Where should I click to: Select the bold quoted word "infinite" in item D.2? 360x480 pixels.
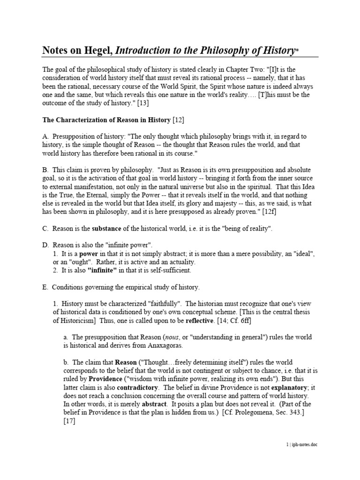tap(101, 270)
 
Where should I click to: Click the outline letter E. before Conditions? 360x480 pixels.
tap(45, 287)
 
